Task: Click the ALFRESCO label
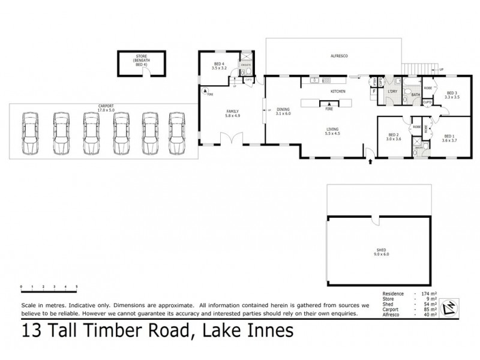click(x=340, y=56)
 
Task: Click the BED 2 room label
click(x=394, y=136)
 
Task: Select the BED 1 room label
click(x=449, y=136)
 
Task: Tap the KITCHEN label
click(x=339, y=91)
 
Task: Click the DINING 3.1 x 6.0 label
click(x=283, y=112)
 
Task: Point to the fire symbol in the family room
click(x=206, y=92)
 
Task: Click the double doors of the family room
click(x=229, y=141)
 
